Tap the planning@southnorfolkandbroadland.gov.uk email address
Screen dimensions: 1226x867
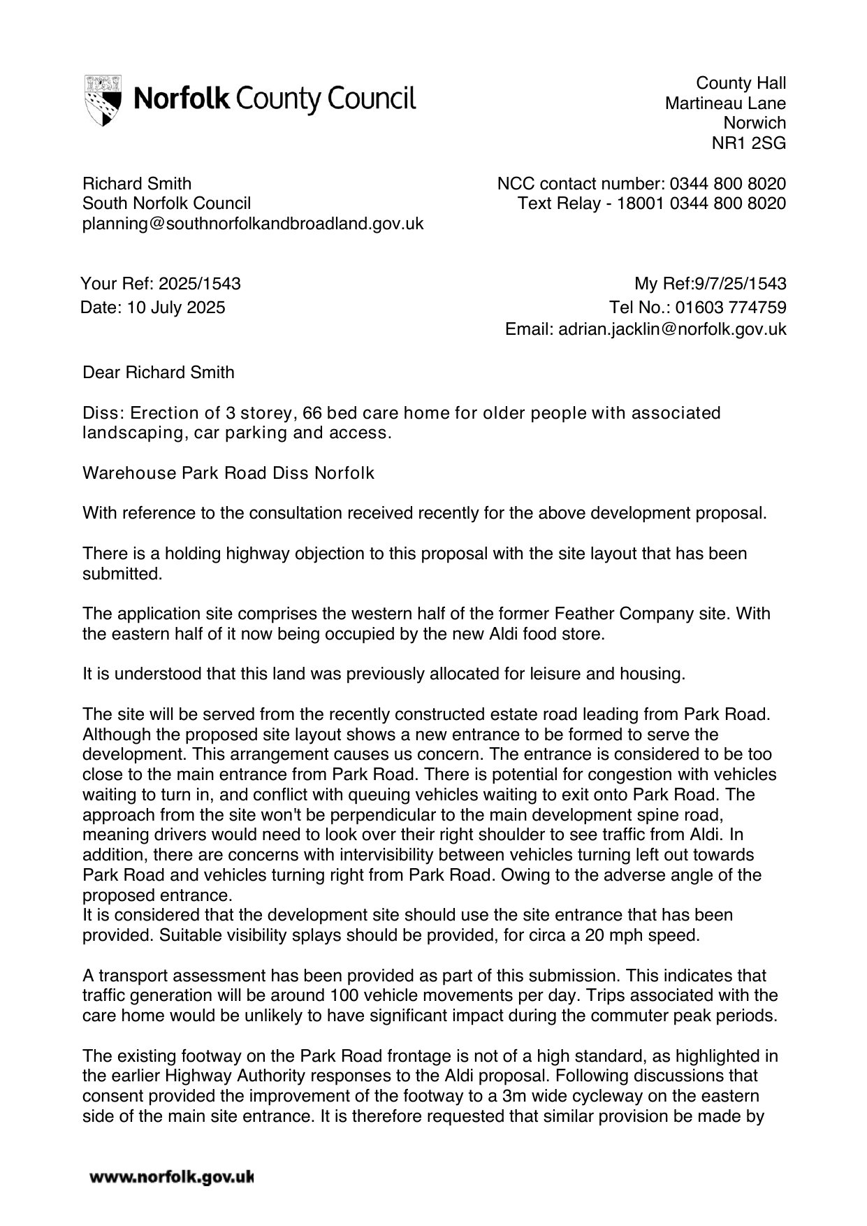click(253, 224)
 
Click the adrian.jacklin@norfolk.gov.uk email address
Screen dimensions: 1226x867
click(672, 329)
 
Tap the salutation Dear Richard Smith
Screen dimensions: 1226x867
click(159, 373)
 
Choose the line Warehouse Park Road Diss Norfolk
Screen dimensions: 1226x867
click(228, 473)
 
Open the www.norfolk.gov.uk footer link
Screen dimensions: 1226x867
click(171, 1178)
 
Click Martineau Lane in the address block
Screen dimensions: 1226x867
click(725, 103)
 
